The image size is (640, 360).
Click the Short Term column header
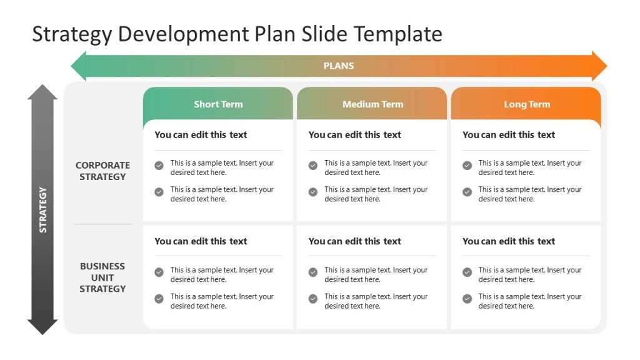pos(218,104)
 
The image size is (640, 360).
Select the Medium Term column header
pos(372,104)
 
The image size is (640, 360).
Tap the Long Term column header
pos(527,104)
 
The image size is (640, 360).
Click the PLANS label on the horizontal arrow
pos(339,66)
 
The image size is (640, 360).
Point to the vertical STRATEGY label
pos(43,210)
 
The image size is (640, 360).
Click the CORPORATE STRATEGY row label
pos(102,171)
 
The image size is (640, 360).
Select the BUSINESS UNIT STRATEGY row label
pos(102,277)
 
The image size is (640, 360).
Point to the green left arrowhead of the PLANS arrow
pos(79,66)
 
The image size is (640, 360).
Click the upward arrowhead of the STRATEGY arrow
pos(42,92)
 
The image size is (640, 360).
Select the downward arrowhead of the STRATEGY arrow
pos(42,327)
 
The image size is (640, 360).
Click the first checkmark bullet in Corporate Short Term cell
pos(159,166)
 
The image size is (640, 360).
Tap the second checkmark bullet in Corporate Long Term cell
pos(467,192)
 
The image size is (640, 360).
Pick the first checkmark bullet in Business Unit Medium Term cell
pos(313,272)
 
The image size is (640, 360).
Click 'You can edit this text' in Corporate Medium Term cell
pos(355,134)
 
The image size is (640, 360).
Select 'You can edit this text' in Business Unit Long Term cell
pos(509,241)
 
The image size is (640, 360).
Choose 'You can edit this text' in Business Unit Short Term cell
pos(201,241)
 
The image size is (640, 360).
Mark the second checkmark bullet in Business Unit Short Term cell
pos(159,299)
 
